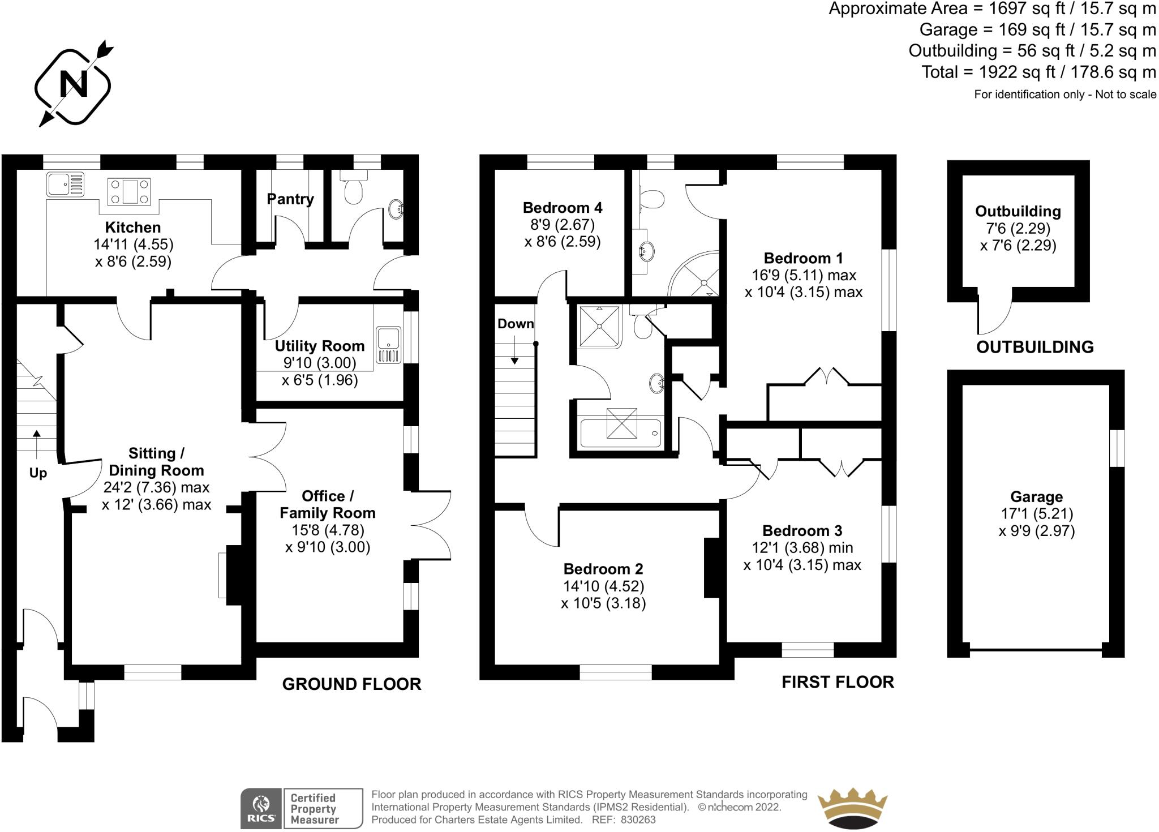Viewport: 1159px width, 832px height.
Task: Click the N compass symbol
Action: click(73, 85)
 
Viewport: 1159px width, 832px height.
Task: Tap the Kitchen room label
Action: click(133, 228)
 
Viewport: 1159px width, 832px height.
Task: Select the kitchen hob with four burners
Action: click(130, 191)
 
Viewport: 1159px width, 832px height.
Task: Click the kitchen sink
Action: click(65, 184)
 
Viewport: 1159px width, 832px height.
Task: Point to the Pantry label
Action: click(290, 199)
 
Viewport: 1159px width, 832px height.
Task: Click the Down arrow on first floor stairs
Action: click(515, 351)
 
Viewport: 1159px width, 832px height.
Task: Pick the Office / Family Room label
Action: click(328, 504)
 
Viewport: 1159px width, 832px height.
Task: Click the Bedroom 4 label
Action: click(563, 208)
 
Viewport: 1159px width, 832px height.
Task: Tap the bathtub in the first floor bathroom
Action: click(621, 433)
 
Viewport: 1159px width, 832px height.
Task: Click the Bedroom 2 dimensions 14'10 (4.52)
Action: click(603, 586)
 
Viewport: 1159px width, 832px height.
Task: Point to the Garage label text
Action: click(1036, 497)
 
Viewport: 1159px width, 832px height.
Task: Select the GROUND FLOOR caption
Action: click(351, 684)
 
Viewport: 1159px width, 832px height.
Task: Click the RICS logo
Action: click(261, 808)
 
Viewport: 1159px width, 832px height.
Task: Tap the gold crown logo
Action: click(852, 808)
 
